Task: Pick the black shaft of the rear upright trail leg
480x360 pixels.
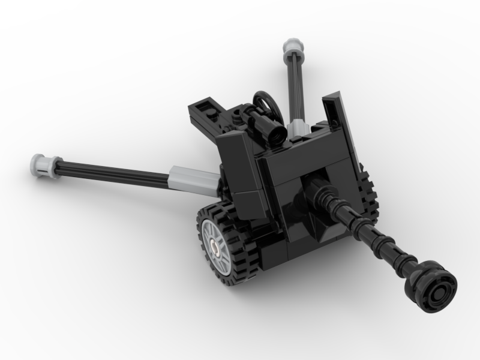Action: (x=296, y=84)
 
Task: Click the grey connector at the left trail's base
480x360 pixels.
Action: (x=193, y=179)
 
